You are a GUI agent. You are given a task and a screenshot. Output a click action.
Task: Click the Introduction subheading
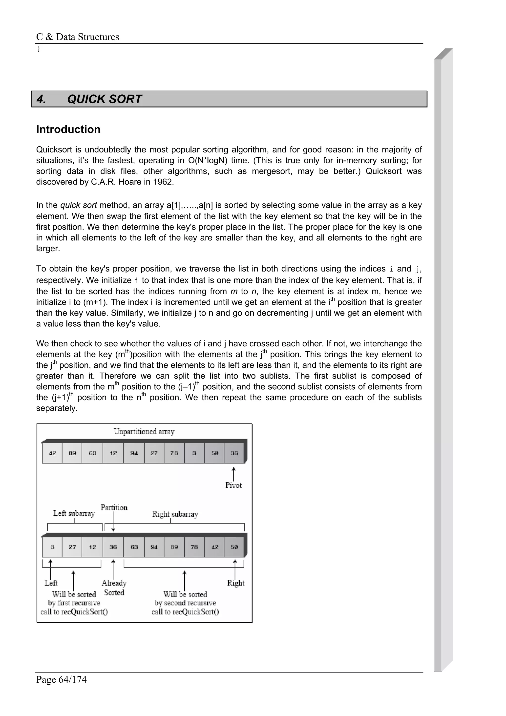click(68, 129)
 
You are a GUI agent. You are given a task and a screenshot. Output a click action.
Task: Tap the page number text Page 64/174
click(62, 679)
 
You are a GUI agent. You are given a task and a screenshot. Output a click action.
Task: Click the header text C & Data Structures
click(78, 37)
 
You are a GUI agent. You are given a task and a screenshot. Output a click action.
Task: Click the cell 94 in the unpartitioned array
click(134, 453)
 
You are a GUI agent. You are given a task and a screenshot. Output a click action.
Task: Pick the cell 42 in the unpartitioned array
click(52, 453)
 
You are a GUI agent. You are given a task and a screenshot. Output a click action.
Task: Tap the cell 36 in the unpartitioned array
click(234, 453)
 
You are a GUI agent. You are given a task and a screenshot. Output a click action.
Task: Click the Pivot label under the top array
click(233, 485)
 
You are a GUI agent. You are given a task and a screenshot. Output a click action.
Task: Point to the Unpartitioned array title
click(144, 432)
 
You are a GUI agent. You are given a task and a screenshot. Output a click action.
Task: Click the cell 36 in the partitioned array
click(113, 547)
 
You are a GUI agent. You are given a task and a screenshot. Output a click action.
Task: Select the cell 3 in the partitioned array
click(52, 547)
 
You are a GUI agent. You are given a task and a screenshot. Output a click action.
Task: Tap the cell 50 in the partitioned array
click(234, 547)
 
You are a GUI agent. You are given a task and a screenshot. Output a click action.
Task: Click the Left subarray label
click(74, 514)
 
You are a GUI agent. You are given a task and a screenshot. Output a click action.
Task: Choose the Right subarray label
click(175, 514)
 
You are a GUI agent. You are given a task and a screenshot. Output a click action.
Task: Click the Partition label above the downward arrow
click(114, 508)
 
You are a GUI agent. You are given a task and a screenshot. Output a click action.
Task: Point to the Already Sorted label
click(114, 588)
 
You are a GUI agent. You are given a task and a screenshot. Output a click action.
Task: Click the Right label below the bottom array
click(236, 583)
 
